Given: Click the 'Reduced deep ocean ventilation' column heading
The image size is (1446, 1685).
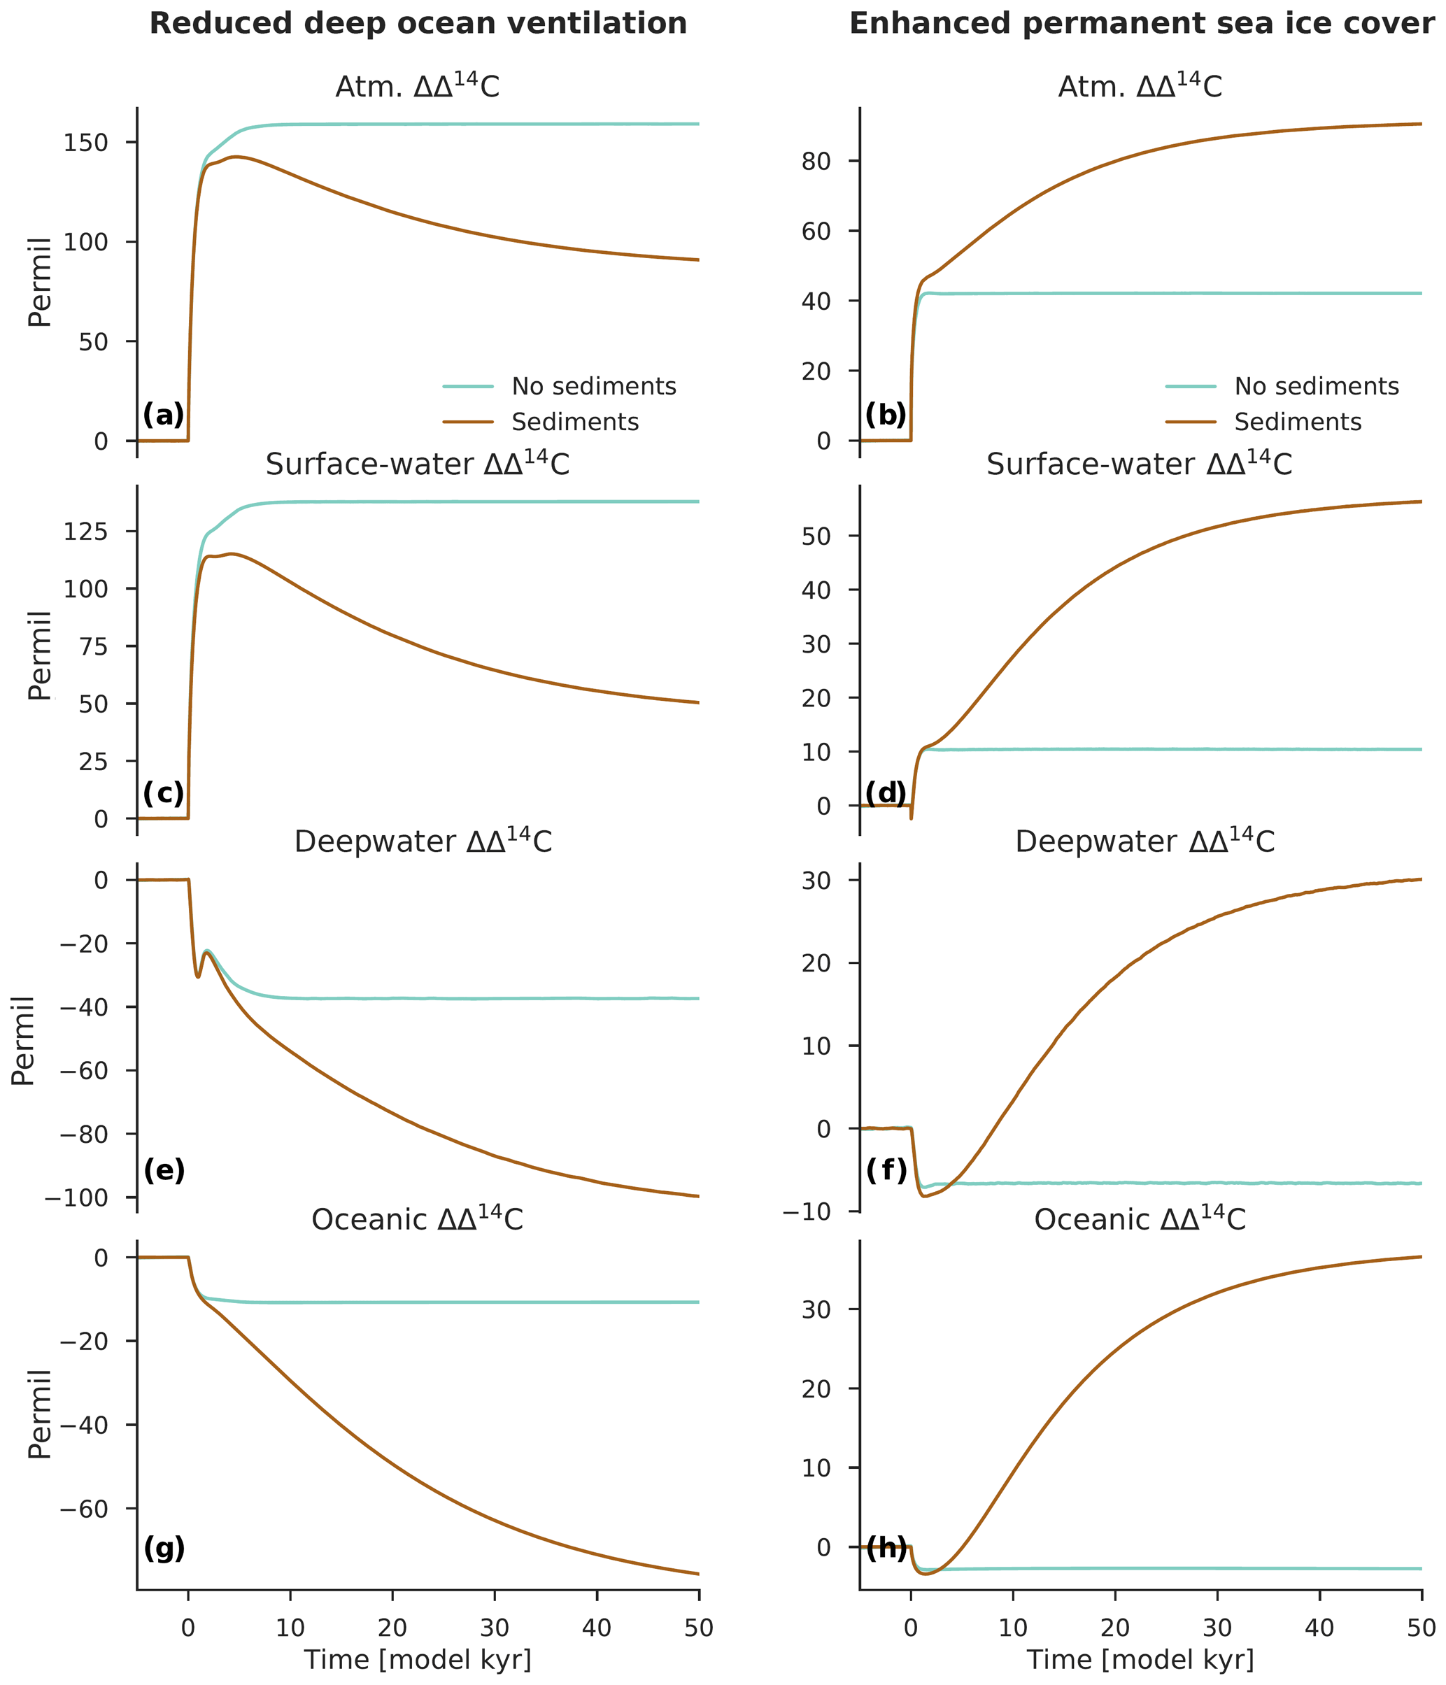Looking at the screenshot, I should pos(418,24).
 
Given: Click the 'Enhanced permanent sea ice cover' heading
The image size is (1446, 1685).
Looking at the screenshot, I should pos(1142,24).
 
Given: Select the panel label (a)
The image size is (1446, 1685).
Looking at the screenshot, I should pos(164,415).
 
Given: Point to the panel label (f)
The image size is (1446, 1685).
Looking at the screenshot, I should pos(886,1171).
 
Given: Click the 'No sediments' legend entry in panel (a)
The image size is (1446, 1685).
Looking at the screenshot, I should pos(593,386).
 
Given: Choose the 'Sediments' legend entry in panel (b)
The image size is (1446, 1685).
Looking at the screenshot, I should pos(1297,422).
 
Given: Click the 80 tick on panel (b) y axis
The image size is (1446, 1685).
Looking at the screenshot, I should pos(816,161).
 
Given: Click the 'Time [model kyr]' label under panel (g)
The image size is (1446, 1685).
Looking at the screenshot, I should pos(418,1659).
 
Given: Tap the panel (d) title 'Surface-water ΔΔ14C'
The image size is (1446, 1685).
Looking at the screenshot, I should pos(1139,464).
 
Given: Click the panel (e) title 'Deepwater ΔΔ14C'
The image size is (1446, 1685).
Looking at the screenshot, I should pos(423,841).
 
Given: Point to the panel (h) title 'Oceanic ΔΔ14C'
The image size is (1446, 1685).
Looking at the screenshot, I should pos(1140,1219).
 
